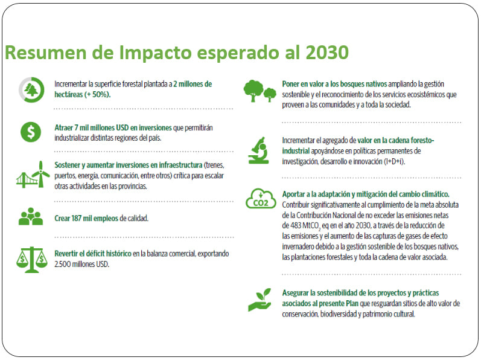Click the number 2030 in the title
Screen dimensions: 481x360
tap(327, 53)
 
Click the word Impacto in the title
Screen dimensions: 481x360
tap(155, 53)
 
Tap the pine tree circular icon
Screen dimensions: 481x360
tap(31, 90)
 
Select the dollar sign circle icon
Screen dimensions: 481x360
tap(31, 132)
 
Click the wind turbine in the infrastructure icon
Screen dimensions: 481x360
tap(41, 174)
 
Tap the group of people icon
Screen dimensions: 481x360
tap(31, 216)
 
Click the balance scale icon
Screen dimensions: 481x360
tap(32, 260)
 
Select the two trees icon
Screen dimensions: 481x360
tap(260, 91)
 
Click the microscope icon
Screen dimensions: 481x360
tap(258, 150)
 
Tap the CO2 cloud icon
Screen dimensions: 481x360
tap(261, 199)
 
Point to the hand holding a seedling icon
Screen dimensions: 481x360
tap(260, 300)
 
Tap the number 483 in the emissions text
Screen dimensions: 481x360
tap(295, 225)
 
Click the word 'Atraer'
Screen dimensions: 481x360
tap(64, 127)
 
